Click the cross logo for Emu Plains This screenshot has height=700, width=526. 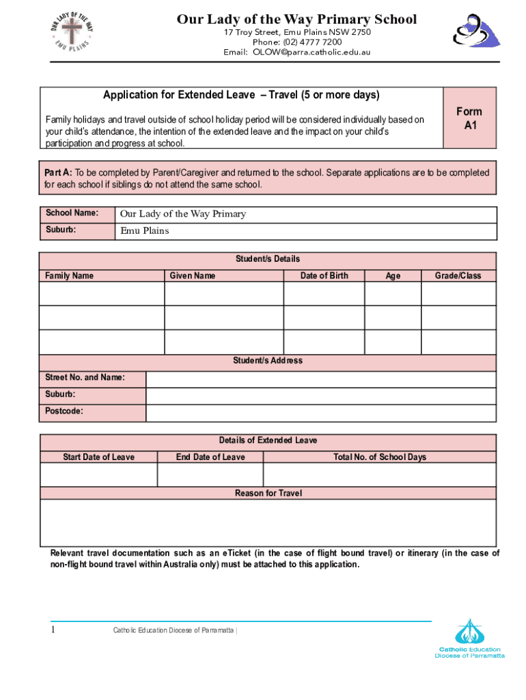(72, 31)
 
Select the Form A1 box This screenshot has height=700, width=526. (469, 118)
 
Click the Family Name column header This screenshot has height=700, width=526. (70, 275)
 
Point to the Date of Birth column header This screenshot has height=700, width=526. (324, 275)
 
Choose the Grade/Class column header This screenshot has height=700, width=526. (458, 275)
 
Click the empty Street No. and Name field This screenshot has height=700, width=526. (321, 379)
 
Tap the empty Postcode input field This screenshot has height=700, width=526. (321, 413)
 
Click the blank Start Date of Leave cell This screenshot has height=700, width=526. (98, 474)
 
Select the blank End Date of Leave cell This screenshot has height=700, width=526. (210, 474)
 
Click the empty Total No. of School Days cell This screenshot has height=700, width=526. (379, 474)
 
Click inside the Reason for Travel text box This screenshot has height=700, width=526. (268, 522)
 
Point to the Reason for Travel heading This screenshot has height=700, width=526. (268, 493)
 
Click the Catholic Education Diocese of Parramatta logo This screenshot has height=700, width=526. (469, 638)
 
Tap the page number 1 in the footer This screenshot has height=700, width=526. (52, 630)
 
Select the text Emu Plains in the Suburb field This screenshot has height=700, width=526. (145, 231)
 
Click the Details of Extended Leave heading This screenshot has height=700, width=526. (268, 440)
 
